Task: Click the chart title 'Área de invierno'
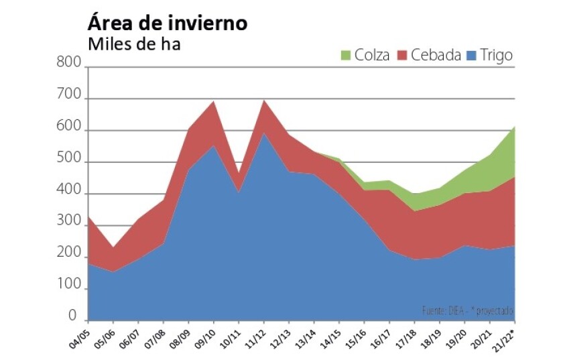coord(168,23)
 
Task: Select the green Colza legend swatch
coord(347,55)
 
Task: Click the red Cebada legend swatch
coord(403,55)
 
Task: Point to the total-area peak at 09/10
coord(214,101)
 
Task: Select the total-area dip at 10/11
coord(239,174)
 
